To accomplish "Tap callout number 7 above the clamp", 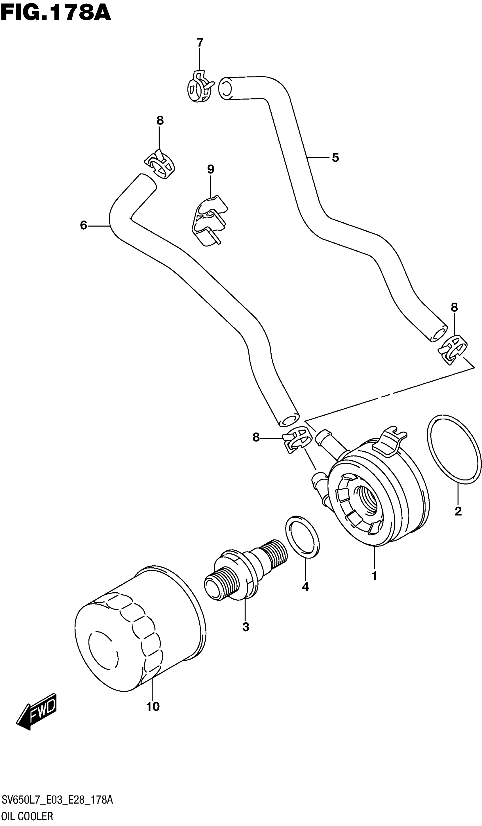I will point(200,43).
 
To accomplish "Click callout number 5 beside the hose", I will point(335,158).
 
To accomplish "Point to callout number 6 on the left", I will point(83,225).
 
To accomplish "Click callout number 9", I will point(210,170).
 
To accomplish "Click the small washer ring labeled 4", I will point(302,536).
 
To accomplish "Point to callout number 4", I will point(305,587).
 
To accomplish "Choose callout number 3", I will point(246,627).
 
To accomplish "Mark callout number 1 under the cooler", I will point(374,576).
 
